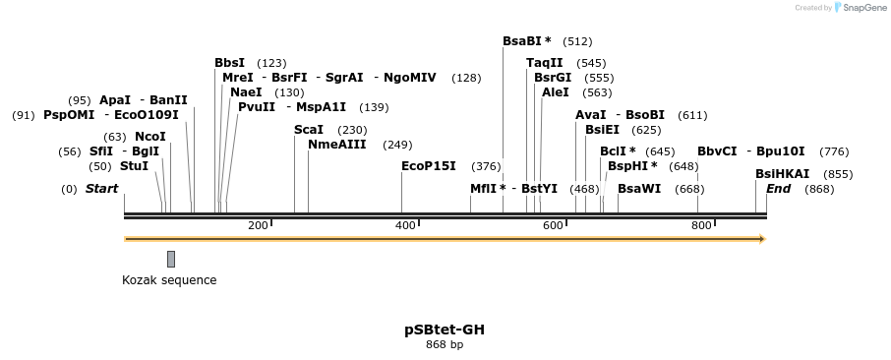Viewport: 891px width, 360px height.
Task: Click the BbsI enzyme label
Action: tap(230, 63)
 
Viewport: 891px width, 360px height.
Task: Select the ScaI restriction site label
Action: tap(309, 130)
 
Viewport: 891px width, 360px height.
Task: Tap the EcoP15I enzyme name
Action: tap(429, 166)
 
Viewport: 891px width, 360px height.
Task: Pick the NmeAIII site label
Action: tap(337, 145)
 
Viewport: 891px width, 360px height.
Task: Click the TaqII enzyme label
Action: tap(545, 63)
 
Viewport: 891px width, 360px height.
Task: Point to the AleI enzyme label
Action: tap(556, 92)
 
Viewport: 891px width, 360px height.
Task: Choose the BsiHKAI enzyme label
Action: tap(783, 174)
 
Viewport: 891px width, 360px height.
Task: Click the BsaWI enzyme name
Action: tap(639, 189)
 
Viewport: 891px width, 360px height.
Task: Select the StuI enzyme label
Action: tap(134, 166)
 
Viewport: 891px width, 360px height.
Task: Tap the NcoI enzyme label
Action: tap(150, 137)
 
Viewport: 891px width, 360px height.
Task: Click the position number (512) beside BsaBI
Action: tap(577, 41)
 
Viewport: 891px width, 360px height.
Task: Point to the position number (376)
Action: tap(486, 166)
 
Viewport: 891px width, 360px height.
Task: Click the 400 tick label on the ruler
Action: tap(406, 226)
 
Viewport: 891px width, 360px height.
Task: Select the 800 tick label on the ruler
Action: tap(701, 226)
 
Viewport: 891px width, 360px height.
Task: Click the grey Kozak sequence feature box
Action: tap(171, 259)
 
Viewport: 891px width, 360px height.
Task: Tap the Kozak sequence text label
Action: tap(169, 280)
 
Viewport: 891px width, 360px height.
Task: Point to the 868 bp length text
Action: tap(445, 345)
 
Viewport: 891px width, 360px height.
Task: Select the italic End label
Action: tap(778, 189)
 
